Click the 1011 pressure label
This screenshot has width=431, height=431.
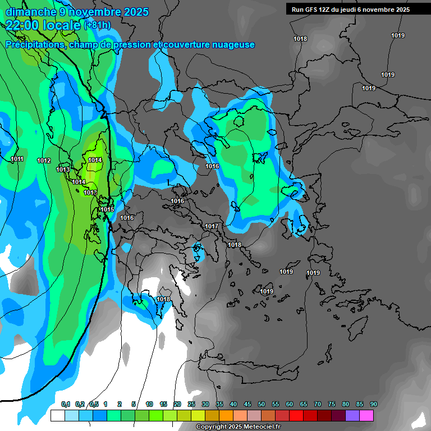[x=17, y=159]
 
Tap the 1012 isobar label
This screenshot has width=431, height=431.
[x=44, y=161]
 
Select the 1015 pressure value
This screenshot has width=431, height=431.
[x=107, y=209]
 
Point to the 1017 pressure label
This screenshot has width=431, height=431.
[x=212, y=226]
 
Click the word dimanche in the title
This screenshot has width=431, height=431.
[x=28, y=12]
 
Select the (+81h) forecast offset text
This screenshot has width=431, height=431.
[x=97, y=25]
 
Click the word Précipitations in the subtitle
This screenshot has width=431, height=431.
[x=35, y=45]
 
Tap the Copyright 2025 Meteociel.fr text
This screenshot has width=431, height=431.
[x=239, y=427]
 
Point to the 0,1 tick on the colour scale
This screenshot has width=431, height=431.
[x=65, y=405]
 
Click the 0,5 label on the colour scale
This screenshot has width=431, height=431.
[x=94, y=405]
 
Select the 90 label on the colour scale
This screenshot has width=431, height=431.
[x=373, y=405]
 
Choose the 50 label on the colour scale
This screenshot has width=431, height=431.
[x=262, y=405]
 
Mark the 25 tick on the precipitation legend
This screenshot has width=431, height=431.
[x=191, y=405]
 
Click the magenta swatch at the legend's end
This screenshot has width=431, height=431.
[x=366, y=416]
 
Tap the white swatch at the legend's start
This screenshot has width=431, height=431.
[x=57, y=416]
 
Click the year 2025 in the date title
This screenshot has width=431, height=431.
[x=135, y=12]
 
